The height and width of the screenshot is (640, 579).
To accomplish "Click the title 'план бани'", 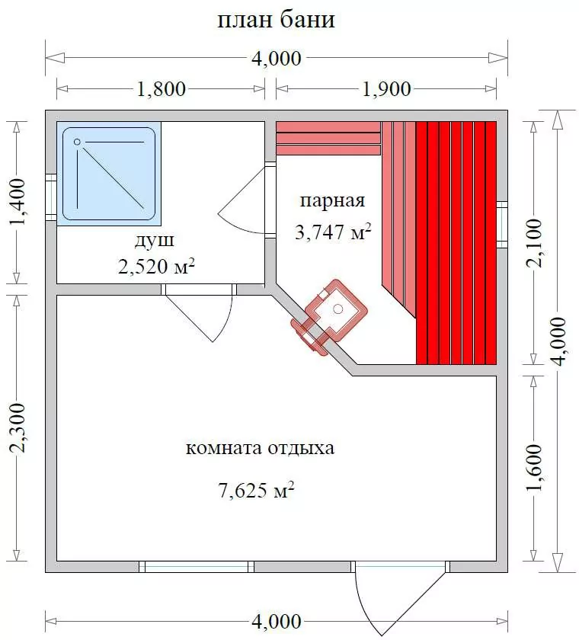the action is pyautogui.click(x=276, y=20).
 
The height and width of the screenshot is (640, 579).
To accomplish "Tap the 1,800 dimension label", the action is pyautogui.click(x=161, y=89).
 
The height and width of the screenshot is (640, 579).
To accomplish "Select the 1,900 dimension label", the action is pyautogui.click(x=386, y=89).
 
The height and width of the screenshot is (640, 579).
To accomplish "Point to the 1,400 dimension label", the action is pyautogui.click(x=17, y=202).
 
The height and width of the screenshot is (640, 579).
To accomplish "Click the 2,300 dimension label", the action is pyautogui.click(x=17, y=427).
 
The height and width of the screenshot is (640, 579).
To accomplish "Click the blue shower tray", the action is pyautogui.click(x=108, y=173).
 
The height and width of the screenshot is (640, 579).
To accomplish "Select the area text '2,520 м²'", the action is pyautogui.click(x=156, y=267).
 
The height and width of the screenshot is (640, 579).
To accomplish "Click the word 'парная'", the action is pyautogui.click(x=333, y=201).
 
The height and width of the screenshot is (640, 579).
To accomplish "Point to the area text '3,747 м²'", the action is pyautogui.click(x=333, y=232).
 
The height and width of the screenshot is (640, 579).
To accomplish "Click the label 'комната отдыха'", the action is pyautogui.click(x=261, y=448).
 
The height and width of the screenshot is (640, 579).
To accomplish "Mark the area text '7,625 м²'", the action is pyautogui.click(x=257, y=490).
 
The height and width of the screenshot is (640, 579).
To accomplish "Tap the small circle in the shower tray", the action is pyautogui.click(x=77, y=142).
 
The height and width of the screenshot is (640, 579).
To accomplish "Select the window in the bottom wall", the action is pyautogui.click(x=197, y=567).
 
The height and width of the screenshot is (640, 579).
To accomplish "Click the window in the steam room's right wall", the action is pyautogui.click(x=502, y=225).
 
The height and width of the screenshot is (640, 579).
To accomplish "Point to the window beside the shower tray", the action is pyautogui.click(x=51, y=197).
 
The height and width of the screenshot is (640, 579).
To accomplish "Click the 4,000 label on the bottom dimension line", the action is pyautogui.click(x=276, y=621).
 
